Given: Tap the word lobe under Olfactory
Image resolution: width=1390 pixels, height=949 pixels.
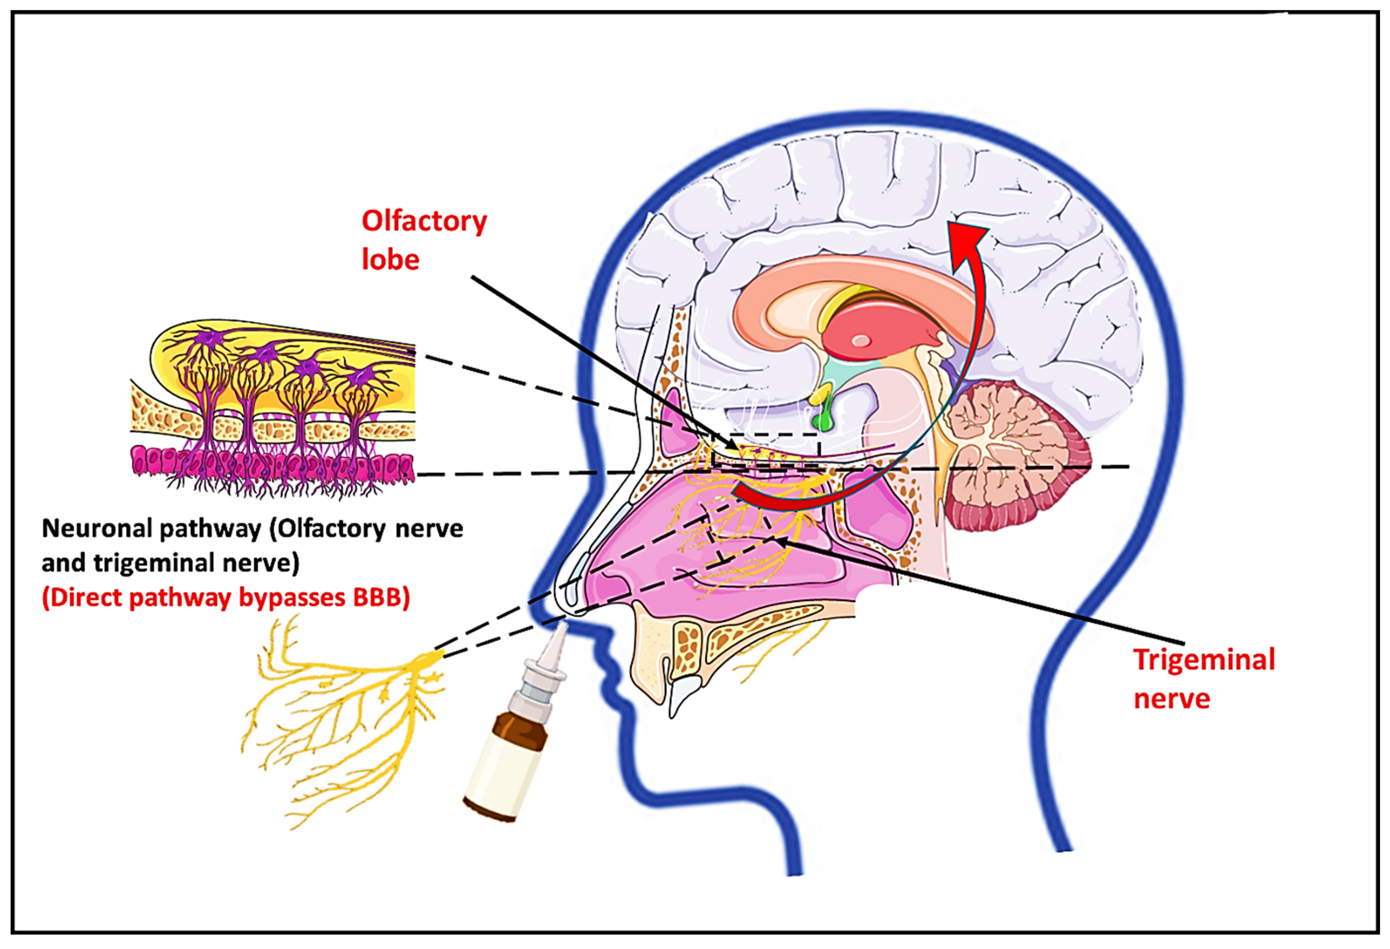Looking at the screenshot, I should (x=390, y=260).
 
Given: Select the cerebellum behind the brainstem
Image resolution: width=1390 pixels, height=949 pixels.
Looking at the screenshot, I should (x=1011, y=454).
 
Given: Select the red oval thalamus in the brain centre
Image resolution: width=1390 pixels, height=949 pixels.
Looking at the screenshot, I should (x=879, y=335).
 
